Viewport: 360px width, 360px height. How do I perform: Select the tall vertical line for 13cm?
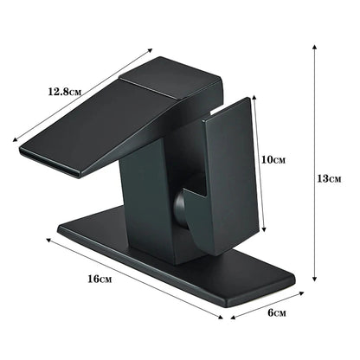tap(313, 164)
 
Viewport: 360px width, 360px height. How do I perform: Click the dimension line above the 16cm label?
tap(130, 276)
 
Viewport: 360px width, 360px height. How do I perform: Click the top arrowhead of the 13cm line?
tap(313, 49)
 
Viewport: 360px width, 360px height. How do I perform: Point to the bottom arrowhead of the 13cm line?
tap(313, 280)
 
